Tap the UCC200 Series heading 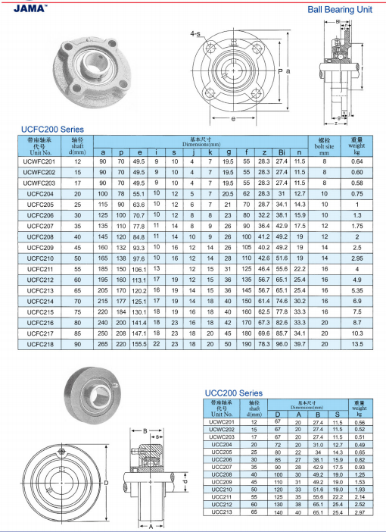click(234, 393)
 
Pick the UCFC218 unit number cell click(40, 344)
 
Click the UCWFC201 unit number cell click(40, 161)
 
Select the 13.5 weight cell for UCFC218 click(357, 344)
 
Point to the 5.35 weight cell click(357, 290)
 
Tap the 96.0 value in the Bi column click(282, 344)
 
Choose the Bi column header click(282, 152)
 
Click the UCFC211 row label click(40, 269)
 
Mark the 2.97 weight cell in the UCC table click(359, 513)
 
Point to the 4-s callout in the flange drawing click(195, 35)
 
